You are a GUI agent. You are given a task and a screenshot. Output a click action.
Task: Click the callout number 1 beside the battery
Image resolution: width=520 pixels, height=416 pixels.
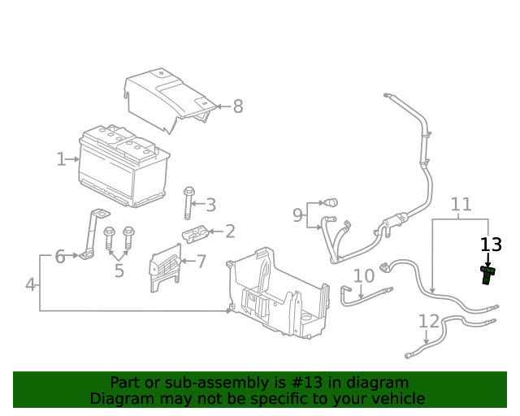pos(61,159)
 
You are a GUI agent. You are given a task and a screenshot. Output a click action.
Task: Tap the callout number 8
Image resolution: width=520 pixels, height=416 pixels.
pos(238,106)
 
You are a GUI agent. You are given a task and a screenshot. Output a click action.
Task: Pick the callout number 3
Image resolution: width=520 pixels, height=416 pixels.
pos(210,205)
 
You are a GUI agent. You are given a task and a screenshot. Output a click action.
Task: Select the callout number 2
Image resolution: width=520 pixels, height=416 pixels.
pos(230,232)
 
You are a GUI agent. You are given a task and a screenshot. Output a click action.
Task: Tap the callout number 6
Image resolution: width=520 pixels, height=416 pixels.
pos(59,257)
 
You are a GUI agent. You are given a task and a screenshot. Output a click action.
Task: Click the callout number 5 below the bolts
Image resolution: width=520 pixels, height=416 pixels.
pos(119,271)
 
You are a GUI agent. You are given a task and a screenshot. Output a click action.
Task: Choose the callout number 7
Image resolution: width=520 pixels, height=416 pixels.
pos(201,262)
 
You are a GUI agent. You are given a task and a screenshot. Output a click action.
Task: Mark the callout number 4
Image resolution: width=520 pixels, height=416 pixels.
pos(30,285)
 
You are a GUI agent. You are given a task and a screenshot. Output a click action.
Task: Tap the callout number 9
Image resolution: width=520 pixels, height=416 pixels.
pos(297,215)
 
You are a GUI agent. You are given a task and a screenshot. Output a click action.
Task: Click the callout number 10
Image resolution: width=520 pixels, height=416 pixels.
pos(363,276)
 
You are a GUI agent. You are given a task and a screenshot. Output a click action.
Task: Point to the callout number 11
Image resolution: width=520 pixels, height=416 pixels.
pos(461,204)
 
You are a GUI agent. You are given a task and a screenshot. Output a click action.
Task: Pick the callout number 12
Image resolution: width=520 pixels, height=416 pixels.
pos(428,321)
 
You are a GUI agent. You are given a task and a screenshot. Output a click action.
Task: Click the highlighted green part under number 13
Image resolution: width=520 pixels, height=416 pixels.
pos(488,275)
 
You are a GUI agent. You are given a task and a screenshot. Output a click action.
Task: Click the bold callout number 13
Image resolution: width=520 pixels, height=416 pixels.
pos(491,245)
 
